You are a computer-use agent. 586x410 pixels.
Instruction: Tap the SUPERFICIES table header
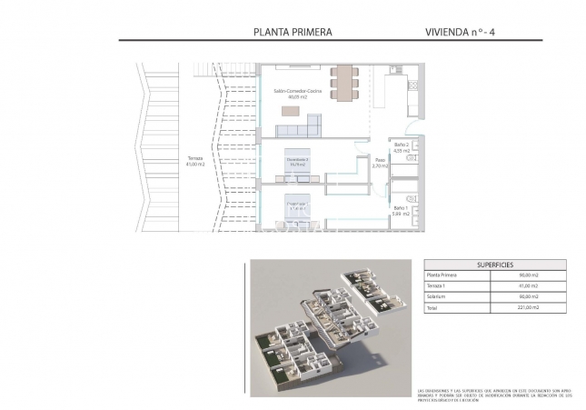493,265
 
